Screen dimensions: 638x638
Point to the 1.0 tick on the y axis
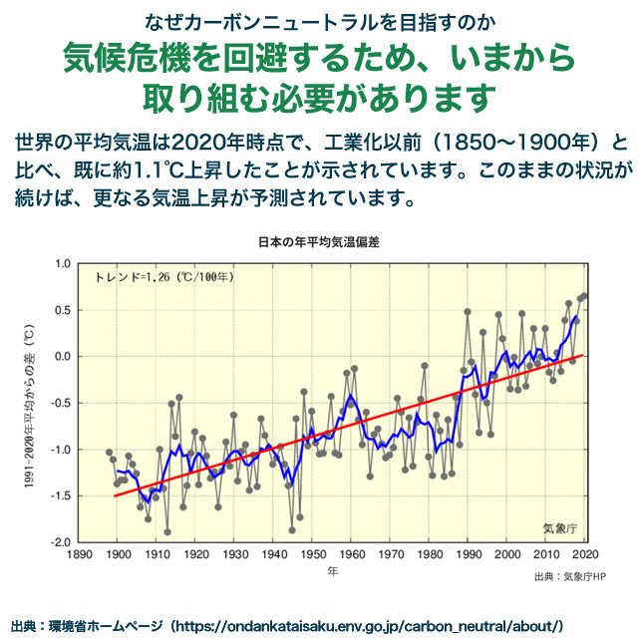point(62,263)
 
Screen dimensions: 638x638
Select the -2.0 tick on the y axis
point(60,542)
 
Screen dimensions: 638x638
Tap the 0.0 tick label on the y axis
point(62,356)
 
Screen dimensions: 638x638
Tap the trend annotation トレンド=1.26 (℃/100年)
point(164,276)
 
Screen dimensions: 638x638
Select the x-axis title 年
point(333,572)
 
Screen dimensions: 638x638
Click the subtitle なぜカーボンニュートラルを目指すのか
point(318,21)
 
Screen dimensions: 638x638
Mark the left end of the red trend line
point(115,495)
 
